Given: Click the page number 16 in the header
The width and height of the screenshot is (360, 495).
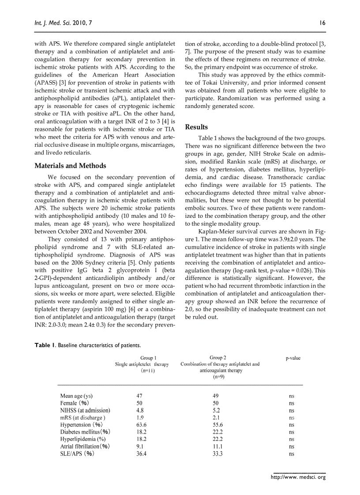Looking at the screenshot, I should pyautogui.click(x=322, y=22).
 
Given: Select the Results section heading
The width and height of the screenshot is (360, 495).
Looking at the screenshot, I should pyautogui.click(x=196, y=127).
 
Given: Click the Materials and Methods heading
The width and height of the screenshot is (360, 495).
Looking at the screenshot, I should pyautogui.click(x=70, y=166).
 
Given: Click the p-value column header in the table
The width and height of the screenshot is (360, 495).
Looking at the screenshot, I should pyautogui.click(x=293, y=358).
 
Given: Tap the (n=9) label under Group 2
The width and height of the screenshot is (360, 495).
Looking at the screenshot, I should pyautogui.click(x=219, y=377).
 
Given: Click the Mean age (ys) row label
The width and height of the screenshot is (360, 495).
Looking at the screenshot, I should pyautogui.click(x=76, y=396).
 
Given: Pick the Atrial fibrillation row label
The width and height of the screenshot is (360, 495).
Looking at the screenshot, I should pyautogui.click(x=85, y=446).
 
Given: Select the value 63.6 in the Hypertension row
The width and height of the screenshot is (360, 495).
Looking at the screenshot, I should pyautogui.click(x=142, y=424).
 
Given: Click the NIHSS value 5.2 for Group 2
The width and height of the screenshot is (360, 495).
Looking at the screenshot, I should pyautogui.click(x=216, y=410).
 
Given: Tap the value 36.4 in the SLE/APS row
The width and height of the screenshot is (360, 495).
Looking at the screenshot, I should pyautogui.click(x=142, y=453).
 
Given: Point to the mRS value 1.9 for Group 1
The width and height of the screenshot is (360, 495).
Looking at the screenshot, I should pyautogui.click(x=140, y=417).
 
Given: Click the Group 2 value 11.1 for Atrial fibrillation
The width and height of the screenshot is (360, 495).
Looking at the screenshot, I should pyautogui.click(x=217, y=446).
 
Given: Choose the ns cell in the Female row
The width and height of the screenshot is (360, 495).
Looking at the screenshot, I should pyautogui.click(x=292, y=403).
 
